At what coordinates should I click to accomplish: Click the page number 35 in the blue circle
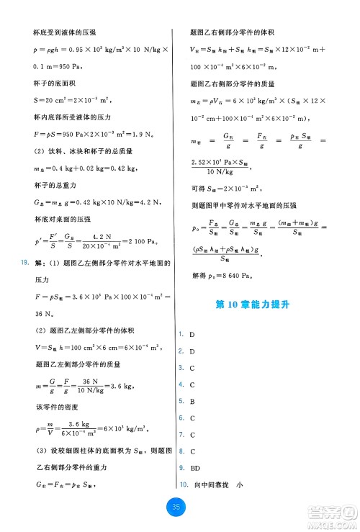pos(177,508)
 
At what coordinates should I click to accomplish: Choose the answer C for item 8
pos(192,451)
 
